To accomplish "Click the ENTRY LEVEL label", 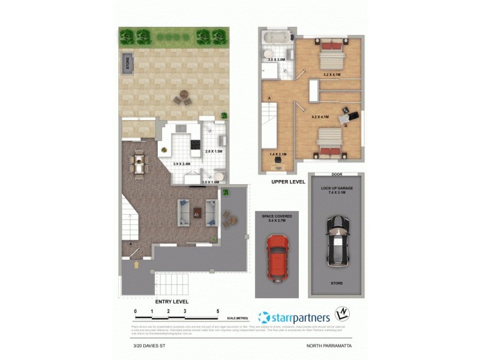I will tap(172, 301).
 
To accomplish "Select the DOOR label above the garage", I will tap(337, 175).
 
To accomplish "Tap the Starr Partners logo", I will tap(293, 317).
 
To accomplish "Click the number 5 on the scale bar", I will tap(218, 311).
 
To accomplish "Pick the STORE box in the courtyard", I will tap(127, 62).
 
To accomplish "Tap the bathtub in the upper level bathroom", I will tap(277, 37).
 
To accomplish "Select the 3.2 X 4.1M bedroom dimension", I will tap(332, 75).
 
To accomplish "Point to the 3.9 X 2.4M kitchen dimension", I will tap(181, 164).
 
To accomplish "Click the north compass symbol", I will tap(341, 315).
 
